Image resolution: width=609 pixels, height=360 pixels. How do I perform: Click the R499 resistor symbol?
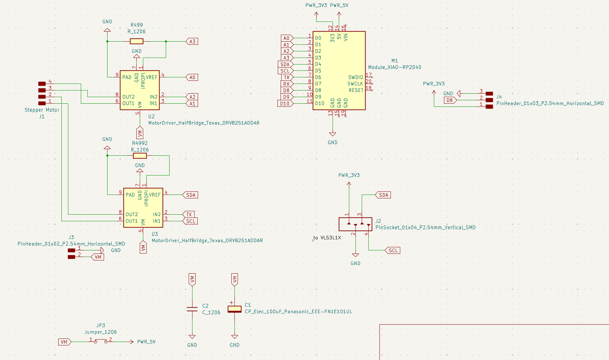[136, 41]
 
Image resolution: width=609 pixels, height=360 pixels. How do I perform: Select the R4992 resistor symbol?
[140, 156]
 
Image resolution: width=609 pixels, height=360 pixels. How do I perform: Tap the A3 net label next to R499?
[192, 41]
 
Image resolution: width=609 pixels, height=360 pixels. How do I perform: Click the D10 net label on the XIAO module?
[285, 103]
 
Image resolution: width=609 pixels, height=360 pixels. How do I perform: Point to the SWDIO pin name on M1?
[355, 77]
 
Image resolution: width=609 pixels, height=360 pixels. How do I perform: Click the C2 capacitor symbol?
[192, 309]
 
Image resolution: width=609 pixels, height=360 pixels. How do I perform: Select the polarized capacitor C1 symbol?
[234, 309]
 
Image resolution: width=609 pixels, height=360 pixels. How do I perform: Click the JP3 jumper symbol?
[101, 342]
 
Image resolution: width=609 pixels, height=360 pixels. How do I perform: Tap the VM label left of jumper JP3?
[65, 342]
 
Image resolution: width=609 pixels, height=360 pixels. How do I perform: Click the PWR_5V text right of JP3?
[146, 342]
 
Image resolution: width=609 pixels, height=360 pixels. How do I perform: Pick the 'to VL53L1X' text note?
[327, 238]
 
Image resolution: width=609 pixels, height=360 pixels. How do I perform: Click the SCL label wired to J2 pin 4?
[393, 250]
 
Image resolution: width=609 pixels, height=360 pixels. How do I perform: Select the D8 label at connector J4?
[449, 100]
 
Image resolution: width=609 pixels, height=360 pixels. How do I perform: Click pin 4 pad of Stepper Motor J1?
[42, 84]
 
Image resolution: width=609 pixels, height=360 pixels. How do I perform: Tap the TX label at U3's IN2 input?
[189, 214]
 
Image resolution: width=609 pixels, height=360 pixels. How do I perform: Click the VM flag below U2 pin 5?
[140, 133]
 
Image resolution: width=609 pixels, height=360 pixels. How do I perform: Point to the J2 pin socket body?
[355, 224]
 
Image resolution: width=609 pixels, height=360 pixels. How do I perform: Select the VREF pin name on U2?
[152, 77]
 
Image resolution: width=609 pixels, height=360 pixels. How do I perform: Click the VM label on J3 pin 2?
[98, 257]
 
